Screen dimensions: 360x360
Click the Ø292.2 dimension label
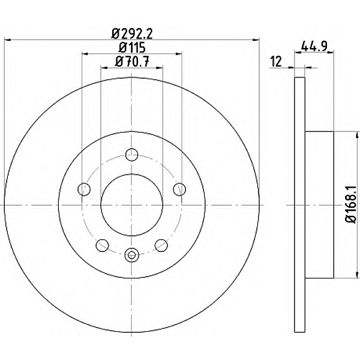click(132, 34)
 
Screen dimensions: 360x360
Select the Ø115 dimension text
click(132, 48)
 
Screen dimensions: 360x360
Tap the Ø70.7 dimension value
click(132, 62)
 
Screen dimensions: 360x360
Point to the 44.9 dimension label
click(314, 46)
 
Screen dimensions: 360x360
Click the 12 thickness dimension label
click(276, 62)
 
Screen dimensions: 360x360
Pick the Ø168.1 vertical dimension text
click(351, 205)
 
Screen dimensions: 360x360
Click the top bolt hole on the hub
click(132, 155)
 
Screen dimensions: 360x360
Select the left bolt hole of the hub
click(84, 190)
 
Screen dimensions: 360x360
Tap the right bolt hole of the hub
click(179, 190)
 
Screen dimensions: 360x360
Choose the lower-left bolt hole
click(102, 245)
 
